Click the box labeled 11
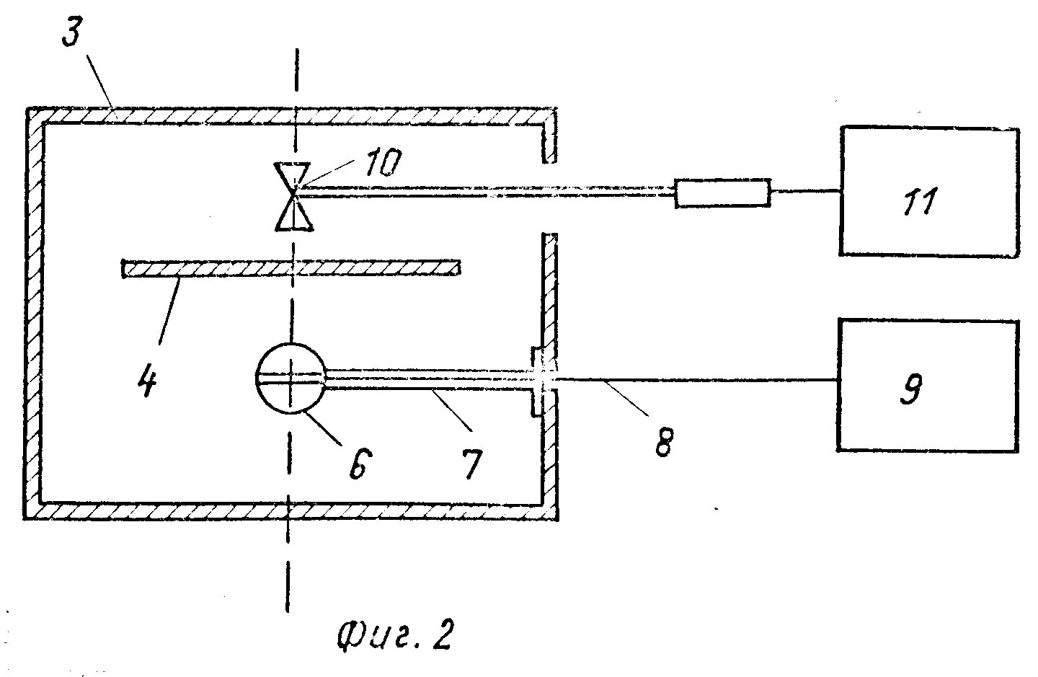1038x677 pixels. [x=928, y=192]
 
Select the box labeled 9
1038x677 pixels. [x=928, y=386]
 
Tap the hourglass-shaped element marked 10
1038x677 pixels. [x=293, y=196]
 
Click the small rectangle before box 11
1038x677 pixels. [x=722, y=193]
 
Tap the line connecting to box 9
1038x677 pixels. [x=692, y=379]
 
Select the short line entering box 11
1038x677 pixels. [x=805, y=192]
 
